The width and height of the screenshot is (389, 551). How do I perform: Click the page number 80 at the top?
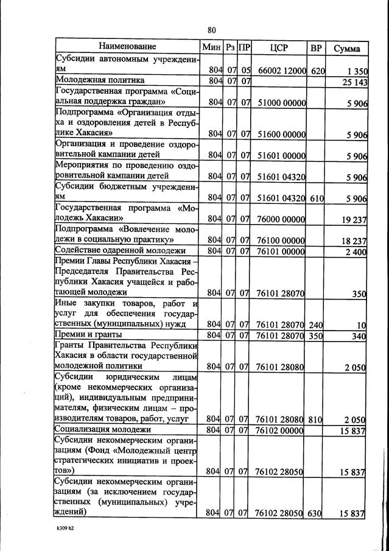(212, 30)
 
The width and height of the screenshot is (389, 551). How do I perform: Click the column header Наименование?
(128, 47)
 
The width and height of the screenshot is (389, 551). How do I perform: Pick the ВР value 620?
(318, 71)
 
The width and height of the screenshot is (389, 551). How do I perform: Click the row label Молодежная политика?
(100, 80)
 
